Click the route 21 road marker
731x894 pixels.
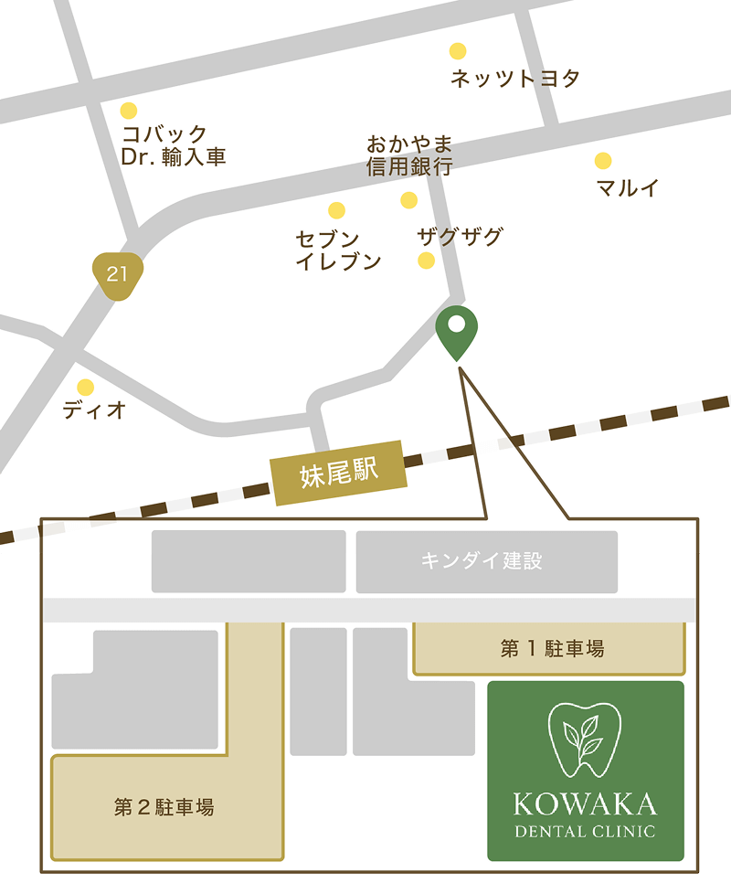pos(118,274)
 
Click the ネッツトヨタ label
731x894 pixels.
pos(515,79)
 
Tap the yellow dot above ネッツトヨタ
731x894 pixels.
pos(458,51)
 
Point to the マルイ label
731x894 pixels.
pos(628,188)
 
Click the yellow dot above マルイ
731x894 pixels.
pos(603,161)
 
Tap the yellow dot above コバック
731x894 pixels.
pos(129,111)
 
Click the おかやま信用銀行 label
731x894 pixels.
pos(409,155)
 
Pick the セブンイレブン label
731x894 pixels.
pos(338,250)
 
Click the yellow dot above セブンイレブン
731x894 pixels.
pos(337,210)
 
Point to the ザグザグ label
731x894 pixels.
pos(460,237)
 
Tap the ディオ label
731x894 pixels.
pos(94,410)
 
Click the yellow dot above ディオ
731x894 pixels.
pos(85,387)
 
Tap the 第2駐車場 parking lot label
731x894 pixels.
pos(164,807)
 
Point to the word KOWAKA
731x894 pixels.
pos(585,804)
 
